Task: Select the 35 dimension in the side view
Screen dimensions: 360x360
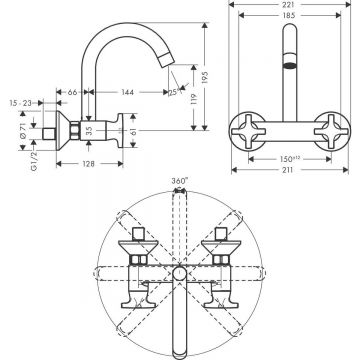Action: point(90,129)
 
